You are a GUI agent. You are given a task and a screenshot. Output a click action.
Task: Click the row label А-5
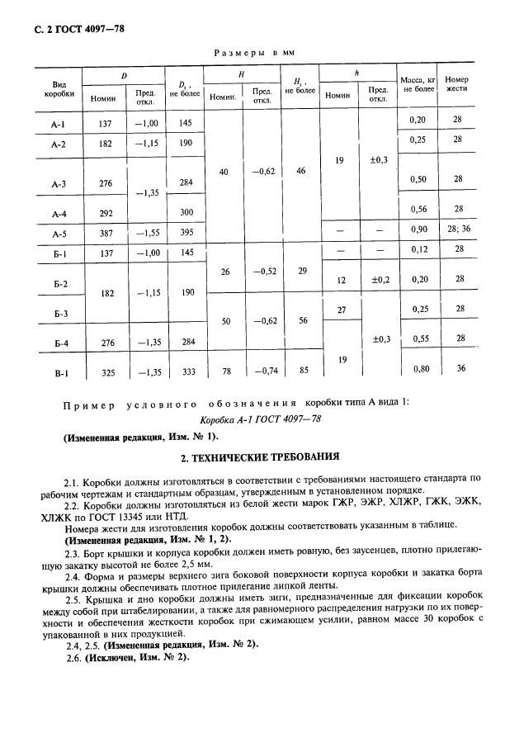[x=59, y=234]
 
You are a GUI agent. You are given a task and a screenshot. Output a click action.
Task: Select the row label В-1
[x=59, y=372]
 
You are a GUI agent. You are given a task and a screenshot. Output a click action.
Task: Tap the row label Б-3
[x=59, y=315]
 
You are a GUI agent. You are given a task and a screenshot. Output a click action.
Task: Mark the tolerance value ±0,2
[x=379, y=280]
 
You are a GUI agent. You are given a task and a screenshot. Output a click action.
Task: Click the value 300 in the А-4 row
[x=186, y=212]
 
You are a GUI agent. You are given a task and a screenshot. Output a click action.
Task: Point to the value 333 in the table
[x=186, y=372]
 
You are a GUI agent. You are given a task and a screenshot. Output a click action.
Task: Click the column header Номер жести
[x=457, y=84]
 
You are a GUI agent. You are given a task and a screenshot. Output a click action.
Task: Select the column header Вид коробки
[x=59, y=89]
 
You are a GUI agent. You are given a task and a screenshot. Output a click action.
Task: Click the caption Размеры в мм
[x=254, y=52]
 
